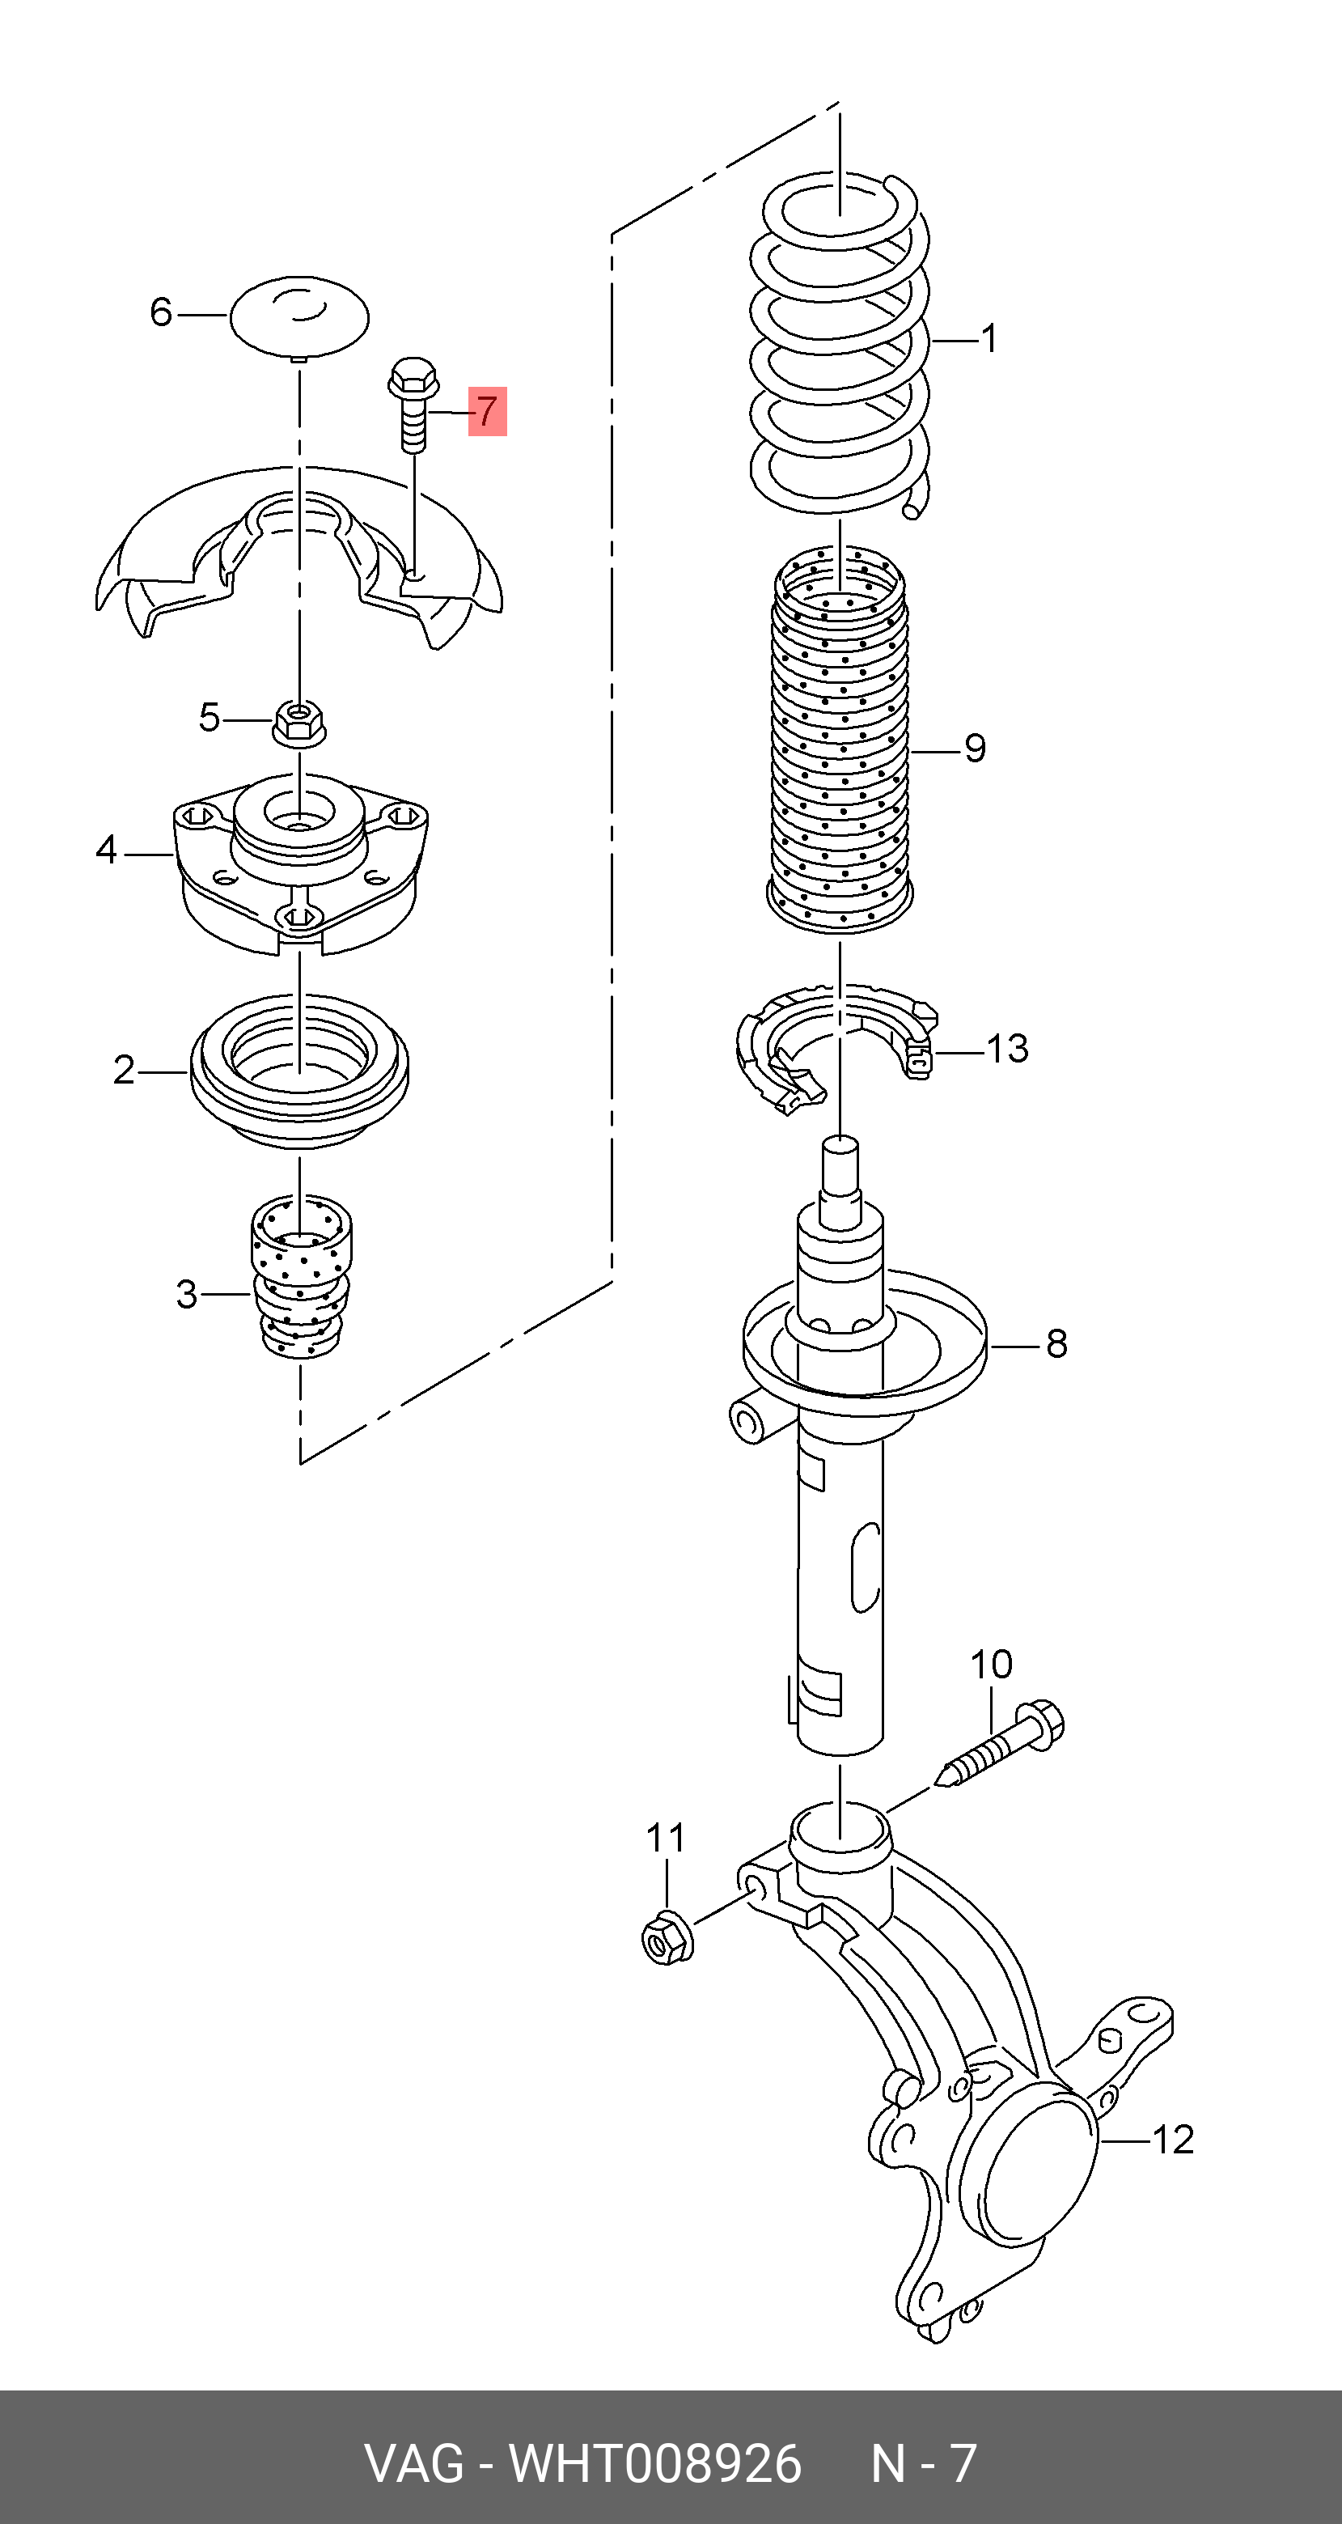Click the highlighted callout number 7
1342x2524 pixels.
pos(487,410)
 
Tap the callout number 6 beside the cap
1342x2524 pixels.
pos(161,312)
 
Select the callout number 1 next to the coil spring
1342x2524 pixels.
pos(989,339)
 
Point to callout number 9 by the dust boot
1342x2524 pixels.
pos(975,749)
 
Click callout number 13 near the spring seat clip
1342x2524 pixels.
pos(1007,1049)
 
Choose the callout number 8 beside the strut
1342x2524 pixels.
pos(1056,1343)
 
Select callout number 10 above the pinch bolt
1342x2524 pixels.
pos(991,1664)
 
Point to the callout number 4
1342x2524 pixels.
pos(106,850)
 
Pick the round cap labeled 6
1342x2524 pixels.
pos(300,316)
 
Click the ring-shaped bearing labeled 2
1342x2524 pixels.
pos(298,1073)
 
